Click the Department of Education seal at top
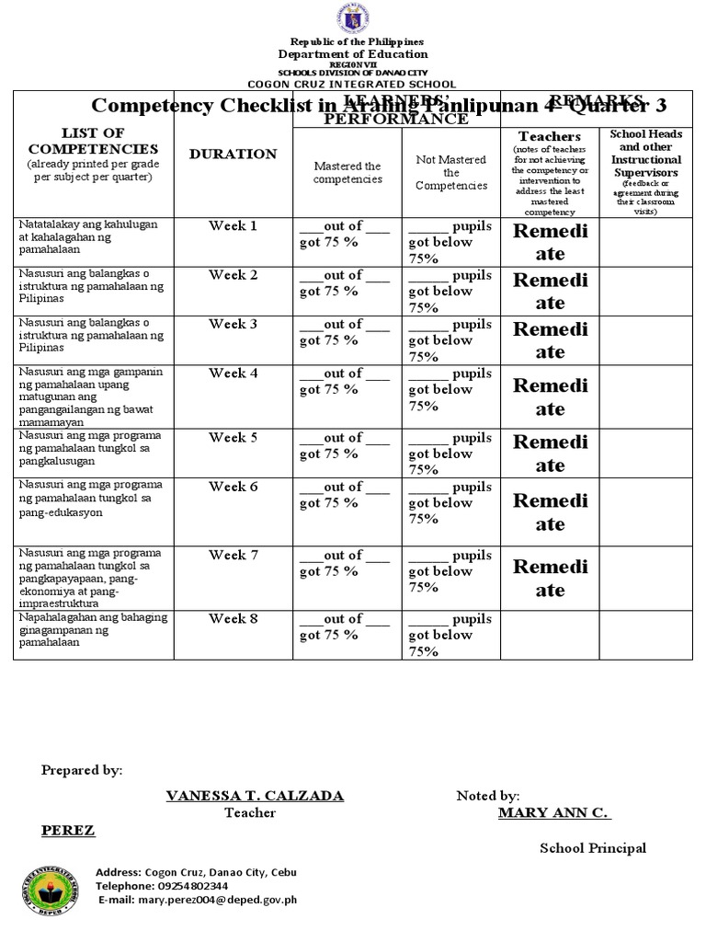(x=353, y=19)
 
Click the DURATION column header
(x=233, y=155)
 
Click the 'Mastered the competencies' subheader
(x=347, y=172)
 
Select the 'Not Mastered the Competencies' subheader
(x=451, y=172)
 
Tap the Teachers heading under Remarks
(x=550, y=137)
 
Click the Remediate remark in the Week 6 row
(x=550, y=512)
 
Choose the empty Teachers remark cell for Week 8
(x=550, y=635)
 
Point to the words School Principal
(x=593, y=848)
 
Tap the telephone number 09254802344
(x=193, y=887)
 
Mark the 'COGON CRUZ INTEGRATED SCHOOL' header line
(x=353, y=84)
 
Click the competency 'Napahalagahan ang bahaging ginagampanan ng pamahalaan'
(x=92, y=630)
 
